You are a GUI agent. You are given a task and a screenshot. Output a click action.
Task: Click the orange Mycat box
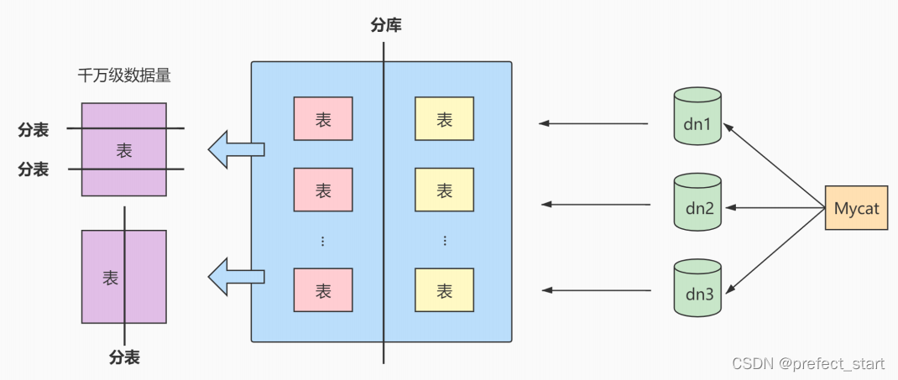(x=856, y=207)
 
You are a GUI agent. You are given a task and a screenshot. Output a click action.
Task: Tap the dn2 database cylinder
(x=697, y=204)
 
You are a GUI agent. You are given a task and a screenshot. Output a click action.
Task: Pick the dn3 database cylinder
(x=697, y=289)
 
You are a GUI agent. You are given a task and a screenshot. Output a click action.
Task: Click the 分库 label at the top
(x=386, y=25)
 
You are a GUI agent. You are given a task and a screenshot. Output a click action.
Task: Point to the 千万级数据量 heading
(x=124, y=76)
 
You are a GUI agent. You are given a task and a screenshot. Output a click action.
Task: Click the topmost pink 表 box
(x=323, y=119)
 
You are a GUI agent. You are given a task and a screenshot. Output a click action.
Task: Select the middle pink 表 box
(x=323, y=190)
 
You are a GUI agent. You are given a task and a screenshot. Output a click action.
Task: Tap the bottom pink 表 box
(x=323, y=290)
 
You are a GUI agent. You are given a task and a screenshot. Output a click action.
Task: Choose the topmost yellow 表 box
(x=445, y=119)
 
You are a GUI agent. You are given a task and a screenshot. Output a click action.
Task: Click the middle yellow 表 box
(x=445, y=190)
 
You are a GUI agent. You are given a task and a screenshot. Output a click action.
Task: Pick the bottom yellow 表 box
(x=445, y=290)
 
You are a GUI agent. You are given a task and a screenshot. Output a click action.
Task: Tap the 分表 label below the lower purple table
(x=124, y=357)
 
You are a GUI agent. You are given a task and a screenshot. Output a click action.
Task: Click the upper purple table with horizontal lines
(x=124, y=149)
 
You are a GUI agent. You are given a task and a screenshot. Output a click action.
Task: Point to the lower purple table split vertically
(x=124, y=276)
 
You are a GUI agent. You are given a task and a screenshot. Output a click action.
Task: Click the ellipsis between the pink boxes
(x=323, y=241)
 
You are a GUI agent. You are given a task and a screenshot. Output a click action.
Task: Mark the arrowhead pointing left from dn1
(x=545, y=123)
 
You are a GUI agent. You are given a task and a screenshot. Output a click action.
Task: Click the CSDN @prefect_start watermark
(x=808, y=363)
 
